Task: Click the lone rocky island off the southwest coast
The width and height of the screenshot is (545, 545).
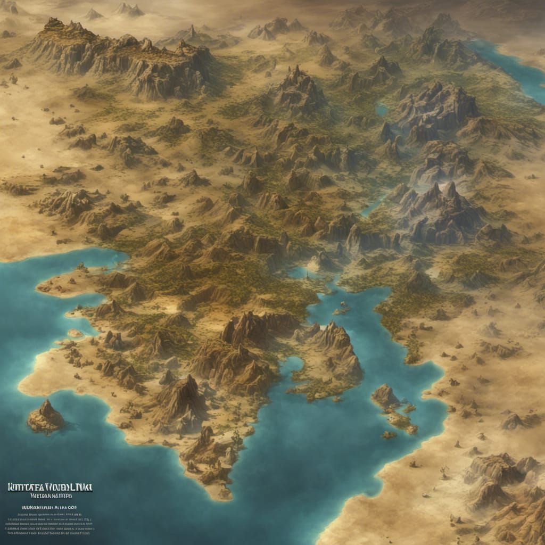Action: (x=46, y=417)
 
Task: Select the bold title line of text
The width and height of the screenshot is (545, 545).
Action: (x=49, y=487)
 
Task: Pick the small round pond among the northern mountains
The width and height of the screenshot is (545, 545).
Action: (x=381, y=110)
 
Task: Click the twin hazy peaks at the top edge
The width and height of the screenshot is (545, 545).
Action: (x=130, y=9)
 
